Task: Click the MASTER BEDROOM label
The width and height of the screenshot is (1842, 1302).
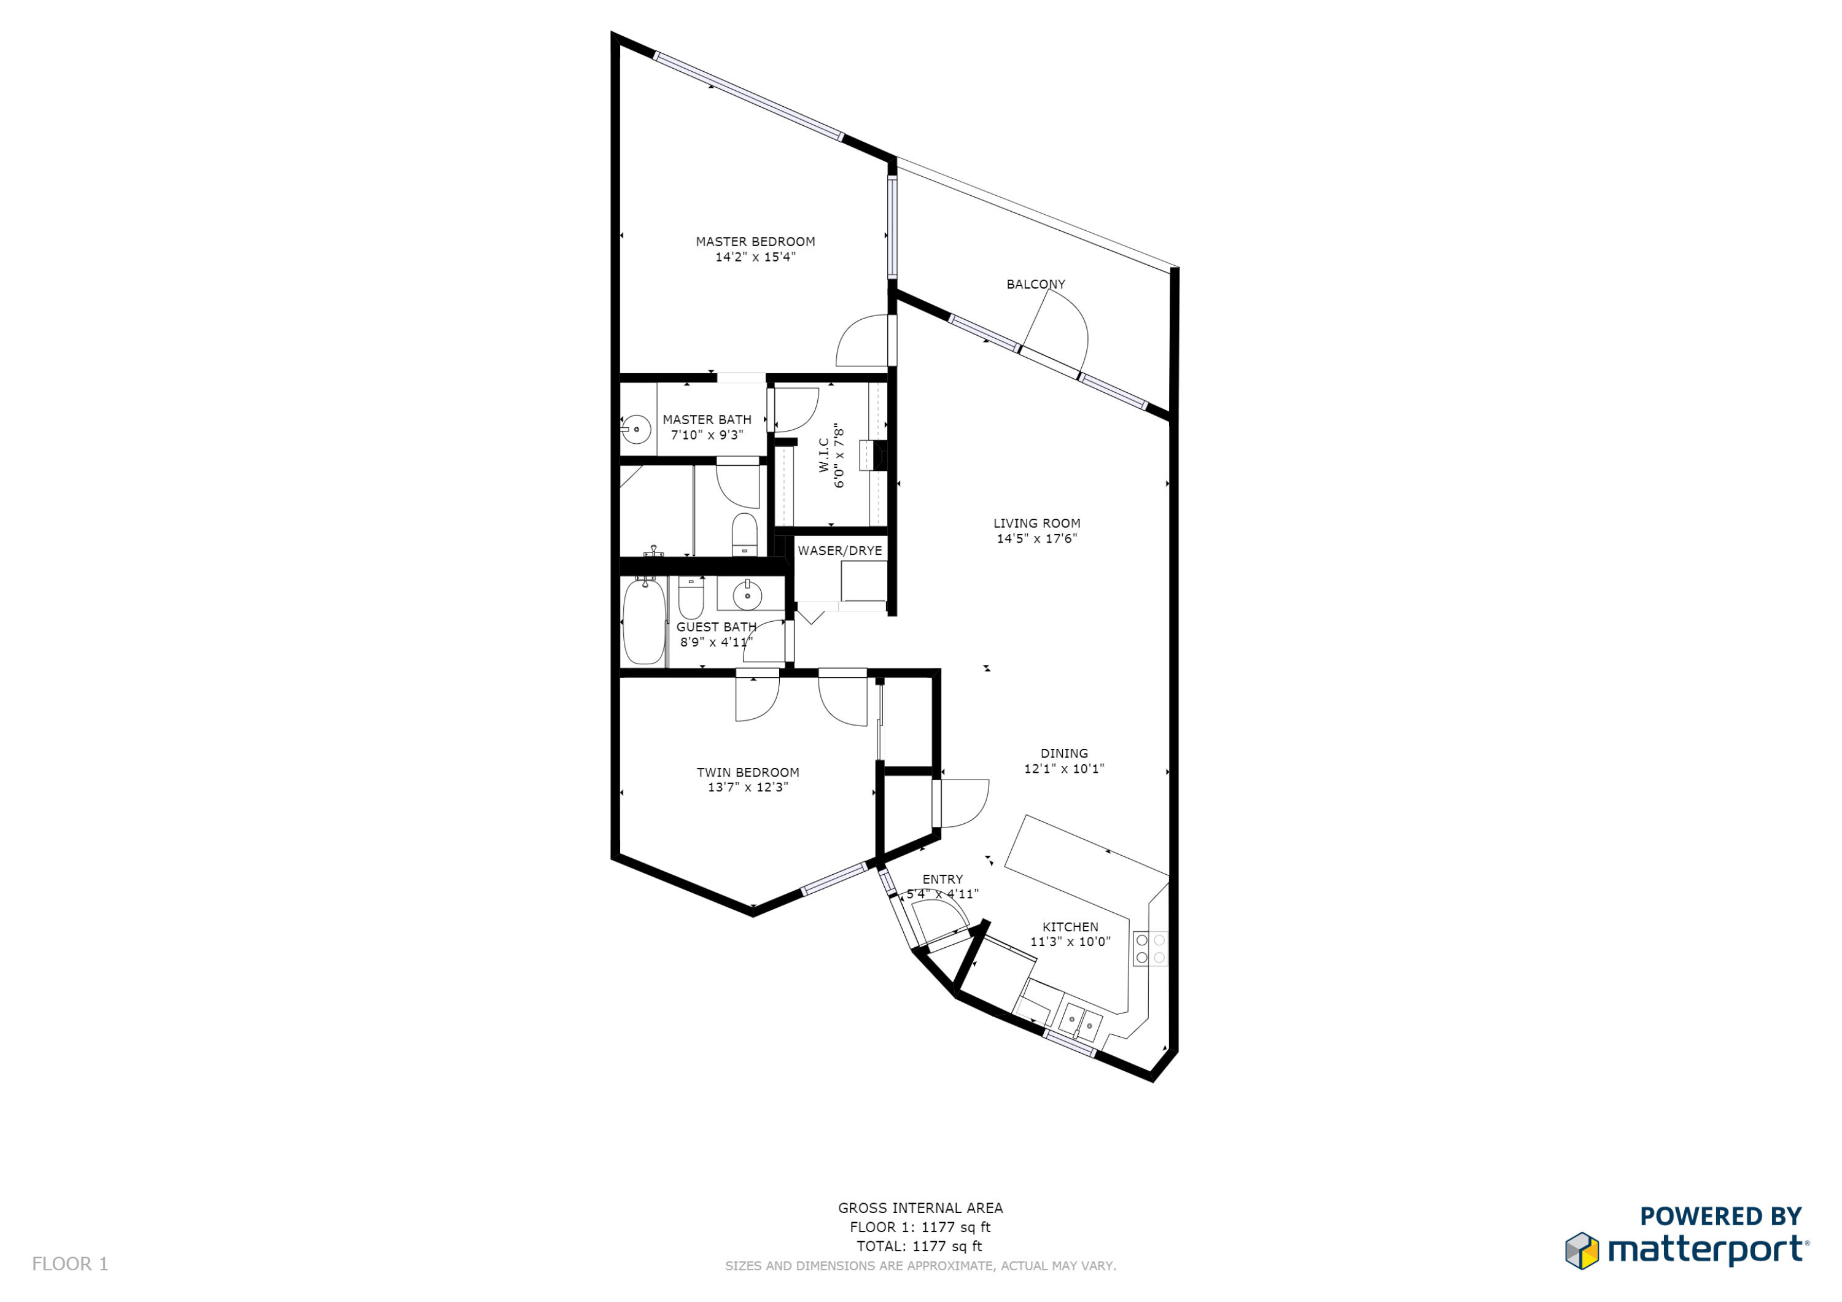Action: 755,241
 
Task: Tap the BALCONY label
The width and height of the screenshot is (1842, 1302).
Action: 1036,284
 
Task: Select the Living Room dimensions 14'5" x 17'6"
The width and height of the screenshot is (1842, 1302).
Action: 1036,538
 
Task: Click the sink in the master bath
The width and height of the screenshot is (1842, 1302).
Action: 636,429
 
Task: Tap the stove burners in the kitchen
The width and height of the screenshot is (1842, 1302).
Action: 1149,948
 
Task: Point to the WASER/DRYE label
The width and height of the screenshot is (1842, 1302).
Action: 839,550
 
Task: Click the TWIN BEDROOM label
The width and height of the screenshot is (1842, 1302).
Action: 748,772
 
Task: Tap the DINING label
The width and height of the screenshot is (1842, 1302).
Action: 1064,753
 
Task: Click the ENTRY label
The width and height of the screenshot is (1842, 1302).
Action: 942,879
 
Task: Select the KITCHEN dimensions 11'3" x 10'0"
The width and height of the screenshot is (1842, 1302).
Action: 1070,942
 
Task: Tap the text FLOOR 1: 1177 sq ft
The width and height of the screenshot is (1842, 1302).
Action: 920,1226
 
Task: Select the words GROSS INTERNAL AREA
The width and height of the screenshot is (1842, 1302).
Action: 920,1207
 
